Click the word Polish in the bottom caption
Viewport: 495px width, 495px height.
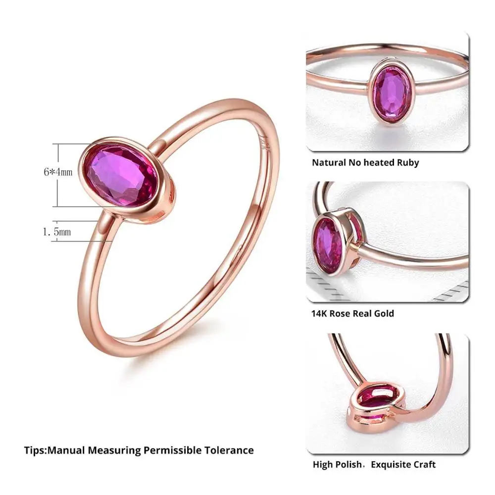pos(349,464)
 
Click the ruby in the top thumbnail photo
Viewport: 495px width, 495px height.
pos(392,95)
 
